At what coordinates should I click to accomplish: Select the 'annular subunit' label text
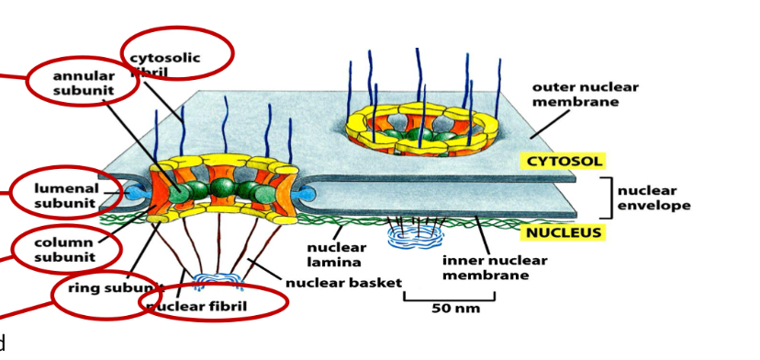(x=84, y=83)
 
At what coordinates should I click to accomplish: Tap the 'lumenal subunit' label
(x=65, y=195)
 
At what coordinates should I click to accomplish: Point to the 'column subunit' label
(x=64, y=250)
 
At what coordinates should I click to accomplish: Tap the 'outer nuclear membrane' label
(x=585, y=95)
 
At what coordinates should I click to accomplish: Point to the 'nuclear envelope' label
(x=654, y=198)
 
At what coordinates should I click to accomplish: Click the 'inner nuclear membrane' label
(x=494, y=268)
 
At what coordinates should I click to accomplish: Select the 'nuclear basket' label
(x=343, y=283)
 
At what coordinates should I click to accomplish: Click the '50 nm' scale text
(x=455, y=309)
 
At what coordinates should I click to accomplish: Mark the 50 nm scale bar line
(x=449, y=298)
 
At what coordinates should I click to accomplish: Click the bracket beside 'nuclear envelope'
(x=607, y=197)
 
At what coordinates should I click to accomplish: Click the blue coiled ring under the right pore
(x=416, y=238)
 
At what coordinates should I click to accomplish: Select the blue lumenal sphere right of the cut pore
(x=307, y=194)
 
